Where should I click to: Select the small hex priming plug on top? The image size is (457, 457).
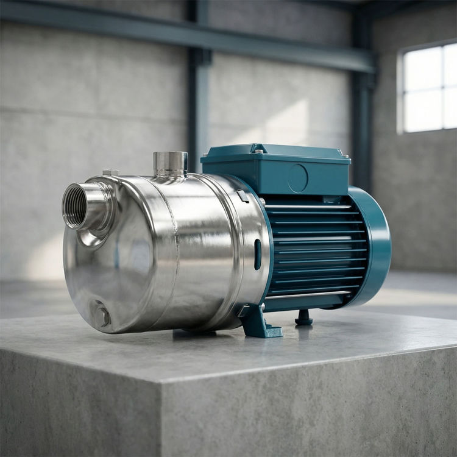(110, 173)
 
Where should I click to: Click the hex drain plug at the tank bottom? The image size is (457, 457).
(101, 316)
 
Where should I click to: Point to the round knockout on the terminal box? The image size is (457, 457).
(297, 178)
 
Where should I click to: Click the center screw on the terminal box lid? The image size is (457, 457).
(259, 151)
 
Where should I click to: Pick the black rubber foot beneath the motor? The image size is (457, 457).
(303, 318)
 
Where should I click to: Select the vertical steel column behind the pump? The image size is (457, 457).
(199, 91)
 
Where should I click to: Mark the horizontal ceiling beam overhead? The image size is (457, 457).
(183, 34)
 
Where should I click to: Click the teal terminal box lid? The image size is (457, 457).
(274, 156)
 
